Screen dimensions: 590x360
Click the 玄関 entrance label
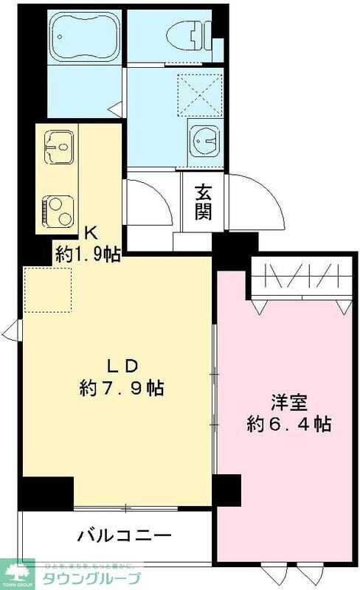[x=203, y=201]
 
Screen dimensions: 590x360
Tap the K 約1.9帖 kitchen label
[x=86, y=245]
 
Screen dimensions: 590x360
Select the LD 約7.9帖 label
[x=121, y=377]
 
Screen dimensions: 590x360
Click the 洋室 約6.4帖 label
[x=288, y=414]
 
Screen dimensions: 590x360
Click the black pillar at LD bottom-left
[x=46, y=490]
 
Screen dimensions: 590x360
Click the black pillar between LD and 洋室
[x=226, y=487]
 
